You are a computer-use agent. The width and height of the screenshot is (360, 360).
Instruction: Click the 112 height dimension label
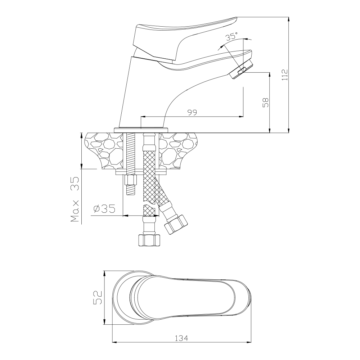point(285,75)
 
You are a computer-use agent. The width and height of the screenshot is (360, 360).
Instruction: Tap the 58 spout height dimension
point(266,103)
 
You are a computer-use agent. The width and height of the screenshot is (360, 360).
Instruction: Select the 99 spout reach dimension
point(192,112)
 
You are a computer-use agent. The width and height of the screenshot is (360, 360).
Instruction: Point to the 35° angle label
point(231,36)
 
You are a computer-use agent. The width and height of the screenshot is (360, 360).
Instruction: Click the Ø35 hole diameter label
point(104,209)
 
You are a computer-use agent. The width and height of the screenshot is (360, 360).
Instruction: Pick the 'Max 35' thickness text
point(75,199)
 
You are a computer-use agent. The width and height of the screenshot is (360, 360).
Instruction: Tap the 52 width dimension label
point(97,298)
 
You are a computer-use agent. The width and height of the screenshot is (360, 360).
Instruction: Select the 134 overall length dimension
point(181,338)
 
